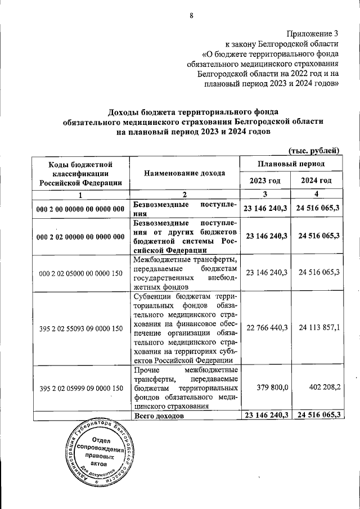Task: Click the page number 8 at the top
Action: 191,16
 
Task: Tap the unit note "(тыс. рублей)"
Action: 314,150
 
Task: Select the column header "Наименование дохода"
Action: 184,173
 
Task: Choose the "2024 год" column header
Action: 317,181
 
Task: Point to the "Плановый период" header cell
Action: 291,164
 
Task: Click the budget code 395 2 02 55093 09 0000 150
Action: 81,328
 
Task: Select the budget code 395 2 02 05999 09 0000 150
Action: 81,388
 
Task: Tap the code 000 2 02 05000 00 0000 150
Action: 81,273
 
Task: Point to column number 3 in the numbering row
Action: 265,195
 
